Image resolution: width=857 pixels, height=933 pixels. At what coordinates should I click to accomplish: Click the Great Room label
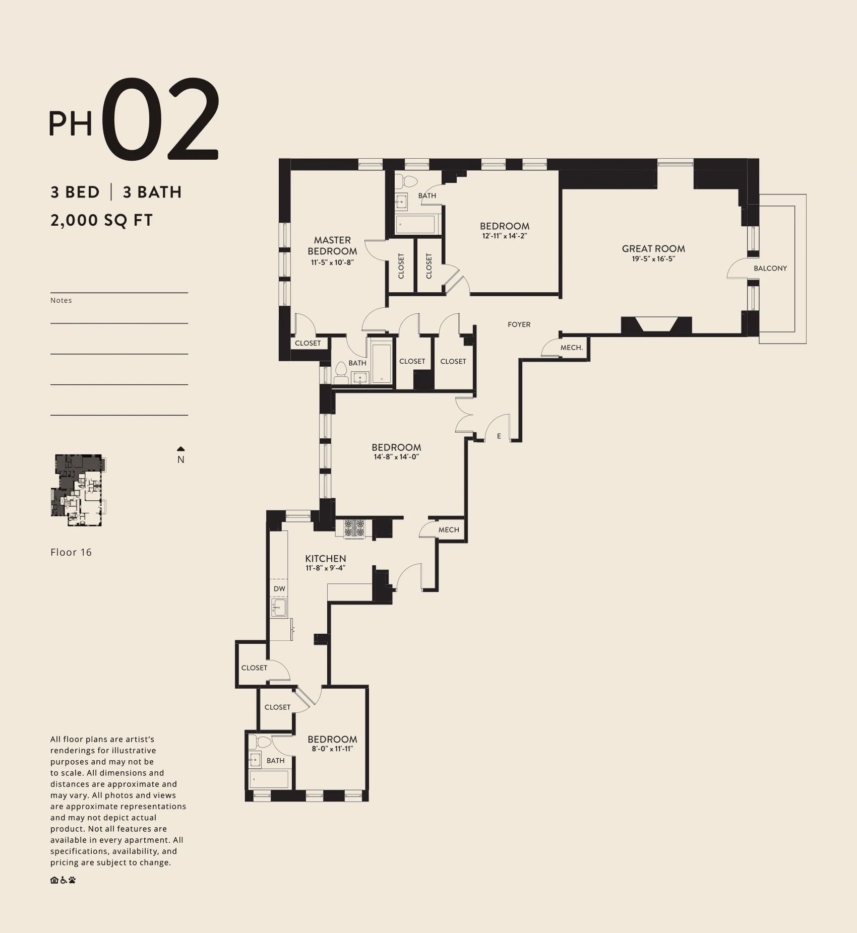[653, 248]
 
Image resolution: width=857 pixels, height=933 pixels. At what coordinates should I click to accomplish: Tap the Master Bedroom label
[332, 246]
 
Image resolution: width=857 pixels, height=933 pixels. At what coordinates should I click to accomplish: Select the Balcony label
[770, 269]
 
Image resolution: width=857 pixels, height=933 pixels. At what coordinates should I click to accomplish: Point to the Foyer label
[519, 324]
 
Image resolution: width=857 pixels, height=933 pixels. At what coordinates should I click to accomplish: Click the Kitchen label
[326, 558]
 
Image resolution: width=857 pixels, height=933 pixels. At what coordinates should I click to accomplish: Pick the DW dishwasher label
[279, 588]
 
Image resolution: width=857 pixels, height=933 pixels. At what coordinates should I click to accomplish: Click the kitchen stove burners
[354, 528]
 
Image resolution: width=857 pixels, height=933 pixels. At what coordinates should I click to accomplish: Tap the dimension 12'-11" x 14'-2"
[505, 236]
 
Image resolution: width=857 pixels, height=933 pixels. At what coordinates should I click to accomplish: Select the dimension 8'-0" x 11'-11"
[332, 749]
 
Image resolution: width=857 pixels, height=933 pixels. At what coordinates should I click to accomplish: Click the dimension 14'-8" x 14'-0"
[397, 457]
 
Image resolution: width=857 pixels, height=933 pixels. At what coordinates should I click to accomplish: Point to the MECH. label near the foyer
[572, 348]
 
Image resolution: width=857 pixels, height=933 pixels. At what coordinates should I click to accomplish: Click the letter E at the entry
[499, 436]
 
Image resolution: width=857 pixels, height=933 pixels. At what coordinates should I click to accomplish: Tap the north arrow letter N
[181, 459]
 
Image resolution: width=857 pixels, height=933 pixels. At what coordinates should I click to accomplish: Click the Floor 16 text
[71, 552]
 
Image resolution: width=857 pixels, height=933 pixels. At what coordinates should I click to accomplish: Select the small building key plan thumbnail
[79, 491]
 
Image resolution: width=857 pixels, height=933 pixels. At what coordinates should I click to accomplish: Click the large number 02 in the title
[162, 120]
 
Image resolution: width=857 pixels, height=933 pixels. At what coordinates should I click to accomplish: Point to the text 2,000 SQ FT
[101, 220]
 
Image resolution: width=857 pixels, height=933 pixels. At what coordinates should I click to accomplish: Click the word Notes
[61, 300]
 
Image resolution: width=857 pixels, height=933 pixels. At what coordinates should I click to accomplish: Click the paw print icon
[73, 880]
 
